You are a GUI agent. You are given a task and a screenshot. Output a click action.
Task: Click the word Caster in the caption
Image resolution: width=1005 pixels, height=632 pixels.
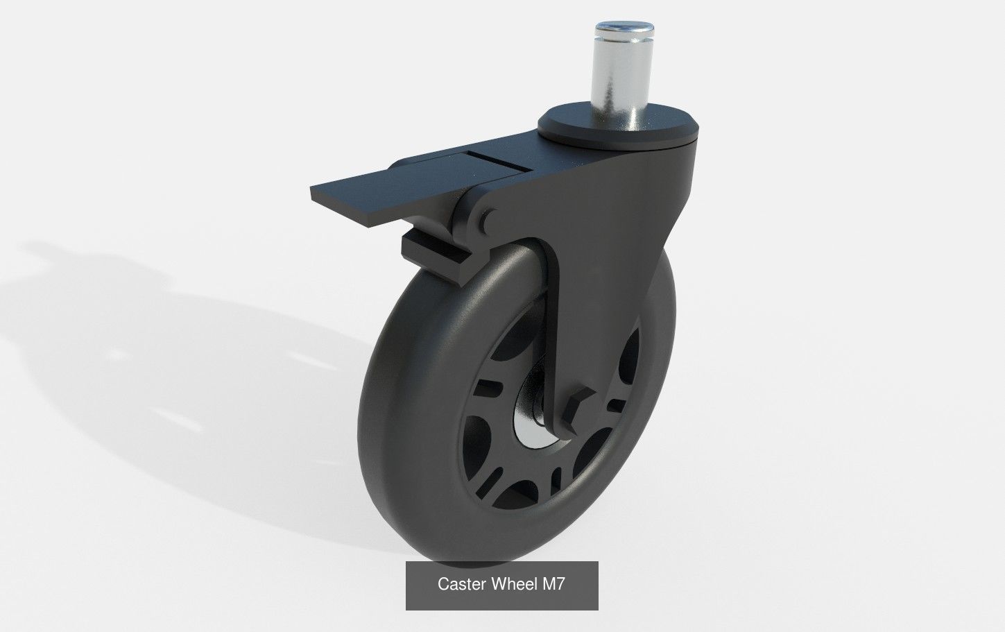point(462,585)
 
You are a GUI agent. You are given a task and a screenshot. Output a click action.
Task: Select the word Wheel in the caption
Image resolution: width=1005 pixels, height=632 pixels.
point(514,585)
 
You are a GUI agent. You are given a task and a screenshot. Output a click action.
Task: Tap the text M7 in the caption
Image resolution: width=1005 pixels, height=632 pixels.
point(554,585)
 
